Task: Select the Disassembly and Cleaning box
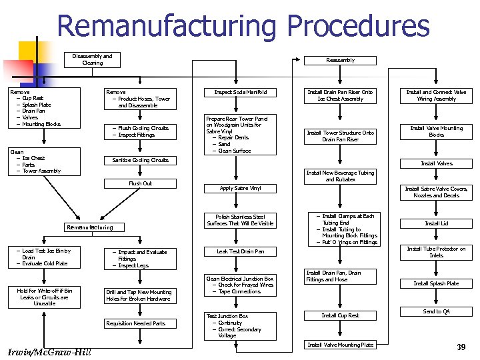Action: pos(93,59)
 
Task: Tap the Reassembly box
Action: pos(340,60)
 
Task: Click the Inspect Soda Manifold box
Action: pos(241,92)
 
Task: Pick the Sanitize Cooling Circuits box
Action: pos(140,160)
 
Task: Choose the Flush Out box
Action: pos(140,183)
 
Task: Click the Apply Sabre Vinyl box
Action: pos(241,189)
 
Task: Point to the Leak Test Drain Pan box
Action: pos(241,251)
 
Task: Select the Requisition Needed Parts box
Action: pos(140,324)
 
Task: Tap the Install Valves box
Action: pos(436,163)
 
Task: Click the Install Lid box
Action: pos(436,223)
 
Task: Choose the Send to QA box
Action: pos(436,311)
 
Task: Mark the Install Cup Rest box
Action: pos(340,315)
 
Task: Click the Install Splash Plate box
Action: pos(436,283)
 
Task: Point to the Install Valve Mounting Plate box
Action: pos(340,345)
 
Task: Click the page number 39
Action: pos(461,347)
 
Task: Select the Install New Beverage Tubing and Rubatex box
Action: pos(340,176)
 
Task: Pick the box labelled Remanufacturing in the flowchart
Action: pos(89,227)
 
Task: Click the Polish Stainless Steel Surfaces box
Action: pos(241,220)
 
